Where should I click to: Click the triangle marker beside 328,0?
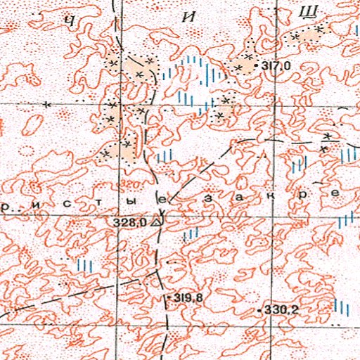click(157, 222)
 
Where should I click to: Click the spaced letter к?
click(271, 196)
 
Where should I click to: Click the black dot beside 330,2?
click(259, 309)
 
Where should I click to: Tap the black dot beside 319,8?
click(172, 299)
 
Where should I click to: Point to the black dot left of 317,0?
click(259, 66)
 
